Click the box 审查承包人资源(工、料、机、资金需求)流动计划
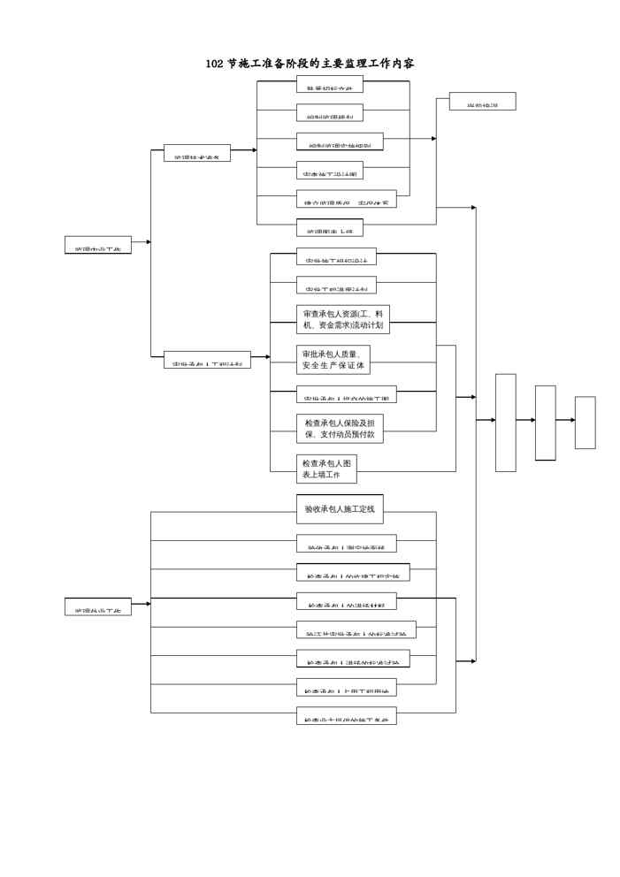coord(343,320)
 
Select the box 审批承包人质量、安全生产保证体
coord(333,359)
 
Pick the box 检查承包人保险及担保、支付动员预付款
coord(340,429)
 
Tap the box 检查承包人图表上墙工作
coord(326,469)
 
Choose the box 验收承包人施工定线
coord(340,509)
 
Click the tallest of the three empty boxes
coord(505,423)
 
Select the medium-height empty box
coord(546,423)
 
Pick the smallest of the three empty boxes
coord(585,423)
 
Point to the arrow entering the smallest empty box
coord(566,420)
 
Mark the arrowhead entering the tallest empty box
coord(491,420)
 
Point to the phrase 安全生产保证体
coord(333,365)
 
